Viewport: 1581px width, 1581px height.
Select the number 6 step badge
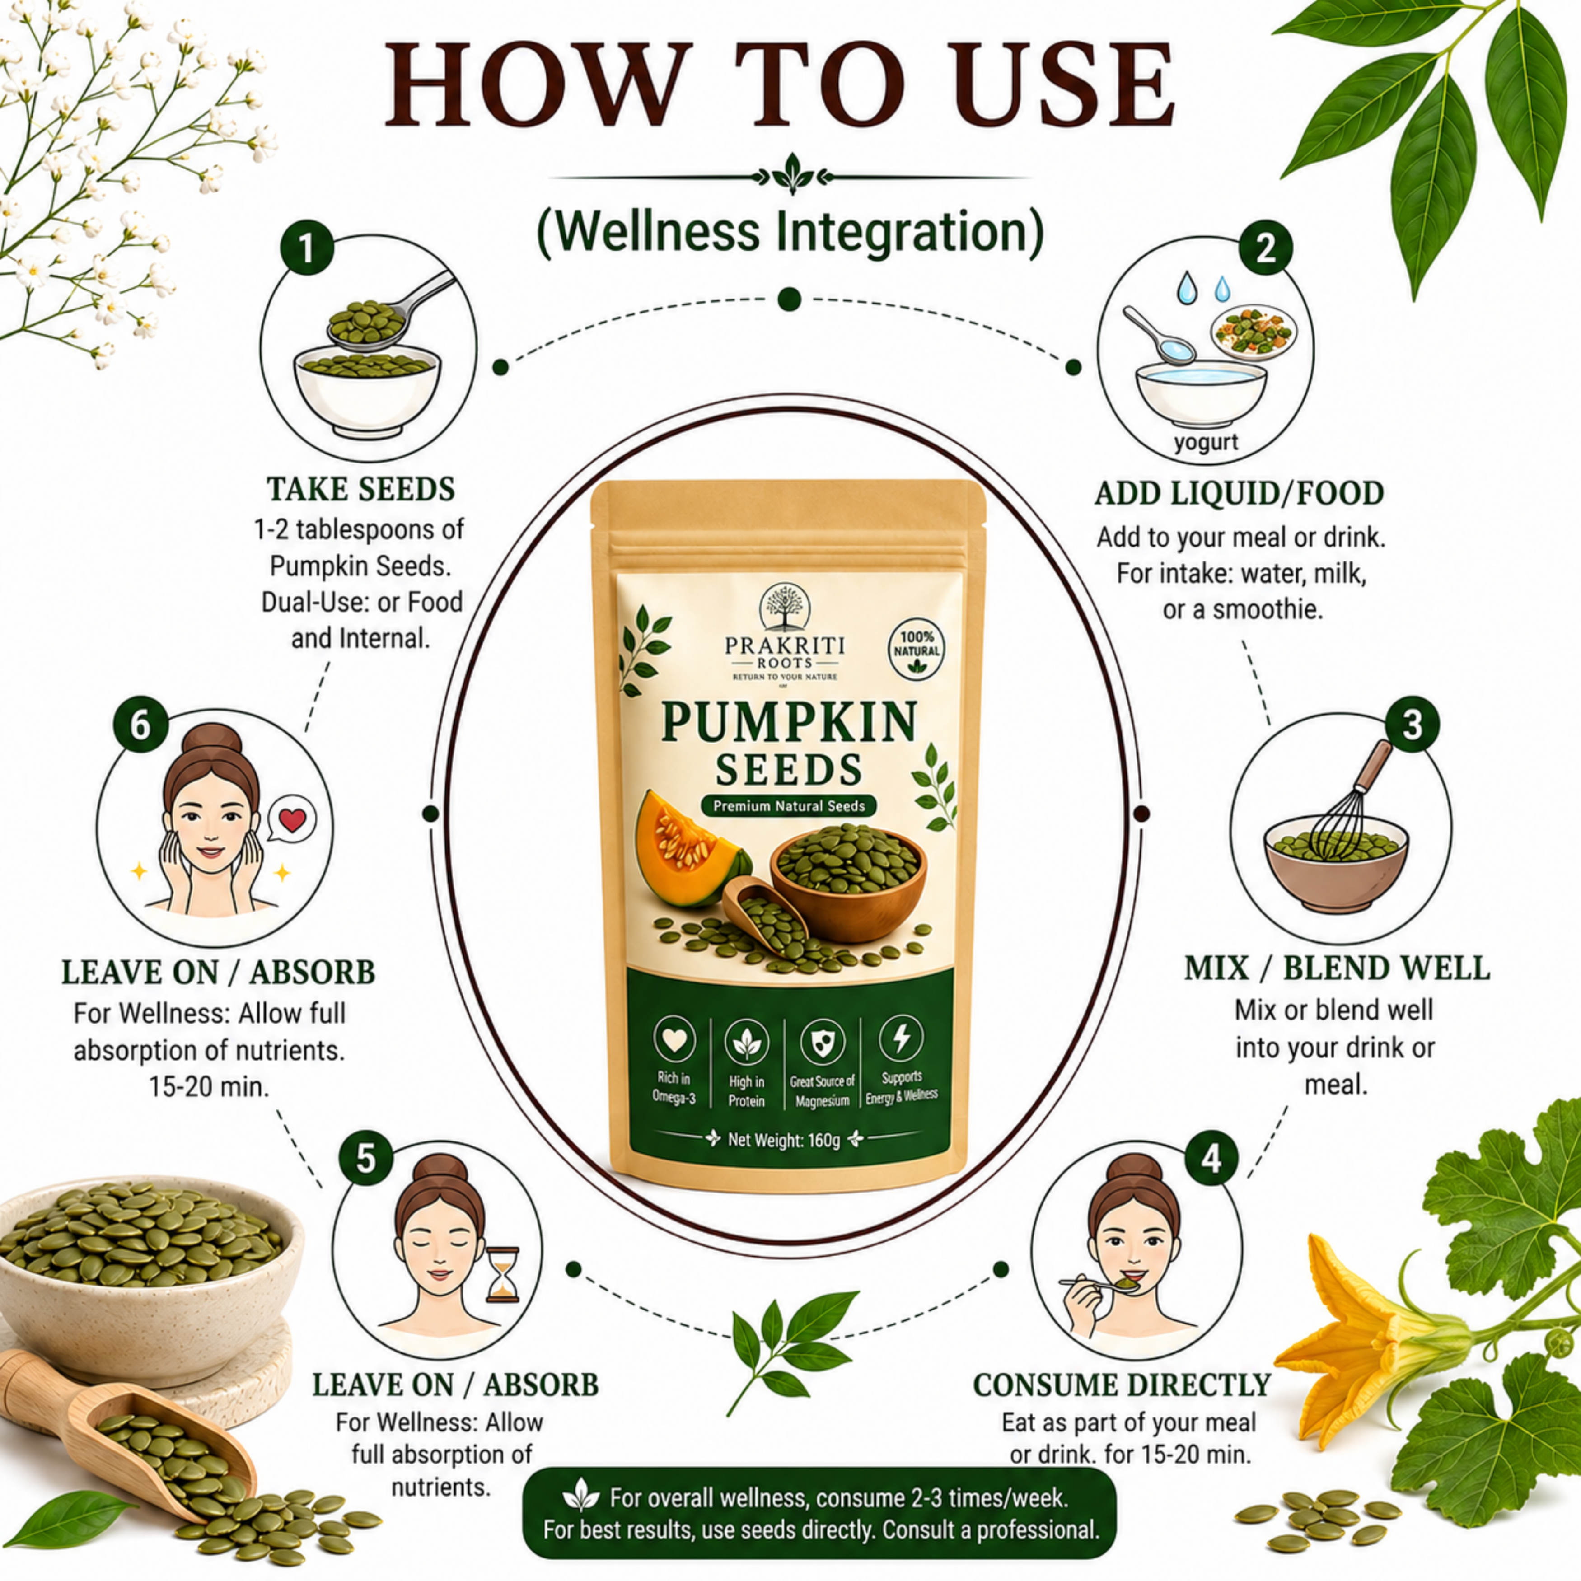141,724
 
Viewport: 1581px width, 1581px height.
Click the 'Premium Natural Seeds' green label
789,806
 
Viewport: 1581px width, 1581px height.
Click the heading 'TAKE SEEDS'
361,489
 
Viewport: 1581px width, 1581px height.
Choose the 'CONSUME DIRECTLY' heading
1122,1385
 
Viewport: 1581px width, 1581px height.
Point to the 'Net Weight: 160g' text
784,1140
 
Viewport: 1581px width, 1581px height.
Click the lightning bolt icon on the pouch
901,1038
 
